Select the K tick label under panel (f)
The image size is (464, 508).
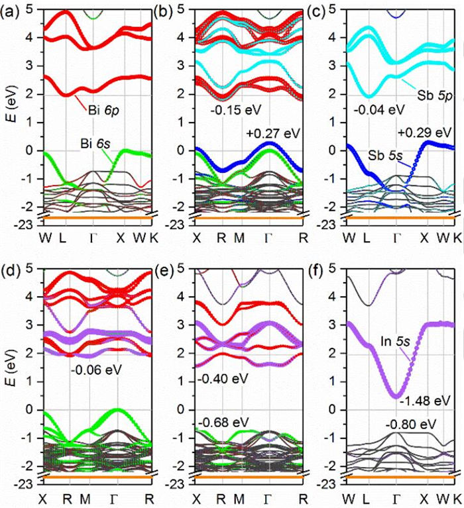[x=457, y=498]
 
